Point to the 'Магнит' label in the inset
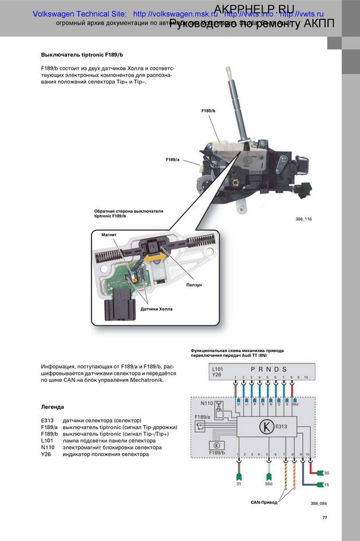[109, 234]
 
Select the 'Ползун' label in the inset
[194, 285]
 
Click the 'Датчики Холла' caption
[157, 308]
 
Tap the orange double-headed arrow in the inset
[155, 256]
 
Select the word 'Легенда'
[52, 406]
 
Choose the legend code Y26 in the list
[45, 454]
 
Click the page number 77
[324, 517]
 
